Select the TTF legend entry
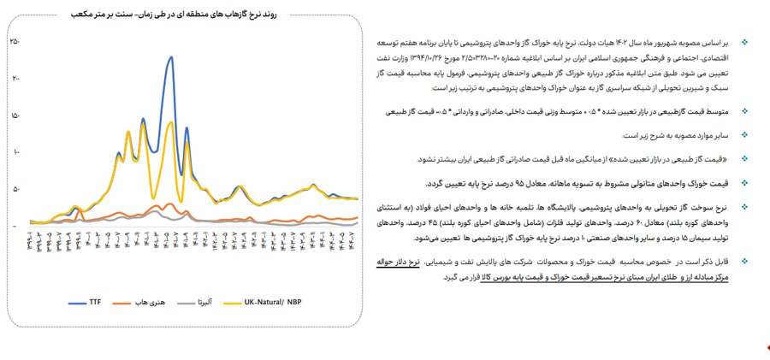pos(84,303)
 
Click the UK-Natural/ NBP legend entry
pos(271,303)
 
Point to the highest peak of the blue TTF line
pos(172,57)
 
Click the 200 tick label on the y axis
pos(15,78)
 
